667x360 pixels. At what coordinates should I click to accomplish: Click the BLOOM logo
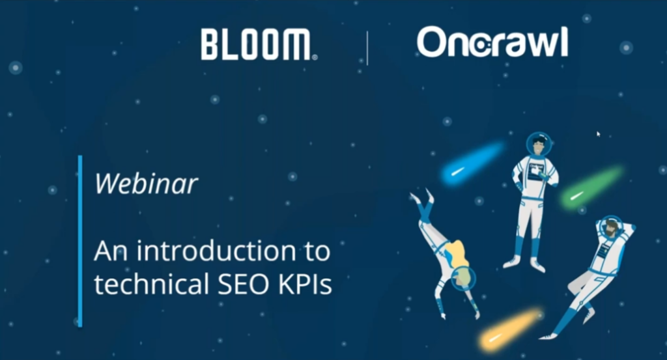point(259,44)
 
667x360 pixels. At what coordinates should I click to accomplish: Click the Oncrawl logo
point(492,42)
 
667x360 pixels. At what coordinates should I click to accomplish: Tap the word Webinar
point(146,184)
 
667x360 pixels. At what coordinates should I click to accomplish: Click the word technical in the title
point(152,283)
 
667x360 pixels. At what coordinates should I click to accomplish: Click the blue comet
point(472,163)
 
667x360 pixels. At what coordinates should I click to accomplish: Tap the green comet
point(591,187)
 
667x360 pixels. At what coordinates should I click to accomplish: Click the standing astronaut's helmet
point(539,144)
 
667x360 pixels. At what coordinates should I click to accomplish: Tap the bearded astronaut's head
point(610,227)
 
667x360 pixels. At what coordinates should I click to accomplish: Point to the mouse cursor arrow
point(598,134)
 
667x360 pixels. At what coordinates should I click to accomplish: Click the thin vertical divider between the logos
point(367,48)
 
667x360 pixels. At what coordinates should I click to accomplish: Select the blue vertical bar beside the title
point(80,241)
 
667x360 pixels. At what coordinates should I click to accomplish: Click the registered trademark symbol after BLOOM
point(315,57)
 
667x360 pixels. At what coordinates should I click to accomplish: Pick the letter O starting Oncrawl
point(433,42)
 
